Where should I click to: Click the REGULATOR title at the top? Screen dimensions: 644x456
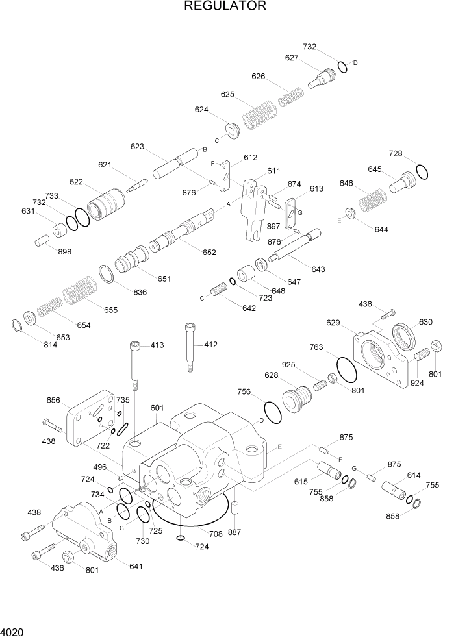(225, 6)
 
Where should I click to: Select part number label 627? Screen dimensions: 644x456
(292, 58)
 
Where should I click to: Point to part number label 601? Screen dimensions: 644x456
(157, 408)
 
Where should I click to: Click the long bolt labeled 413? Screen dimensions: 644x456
(134, 366)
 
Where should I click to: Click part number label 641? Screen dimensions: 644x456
(135, 567)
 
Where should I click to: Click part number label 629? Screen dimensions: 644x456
(333, 323)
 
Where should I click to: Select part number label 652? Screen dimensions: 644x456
(209, 253)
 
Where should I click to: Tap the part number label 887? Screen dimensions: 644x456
(234, 532)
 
